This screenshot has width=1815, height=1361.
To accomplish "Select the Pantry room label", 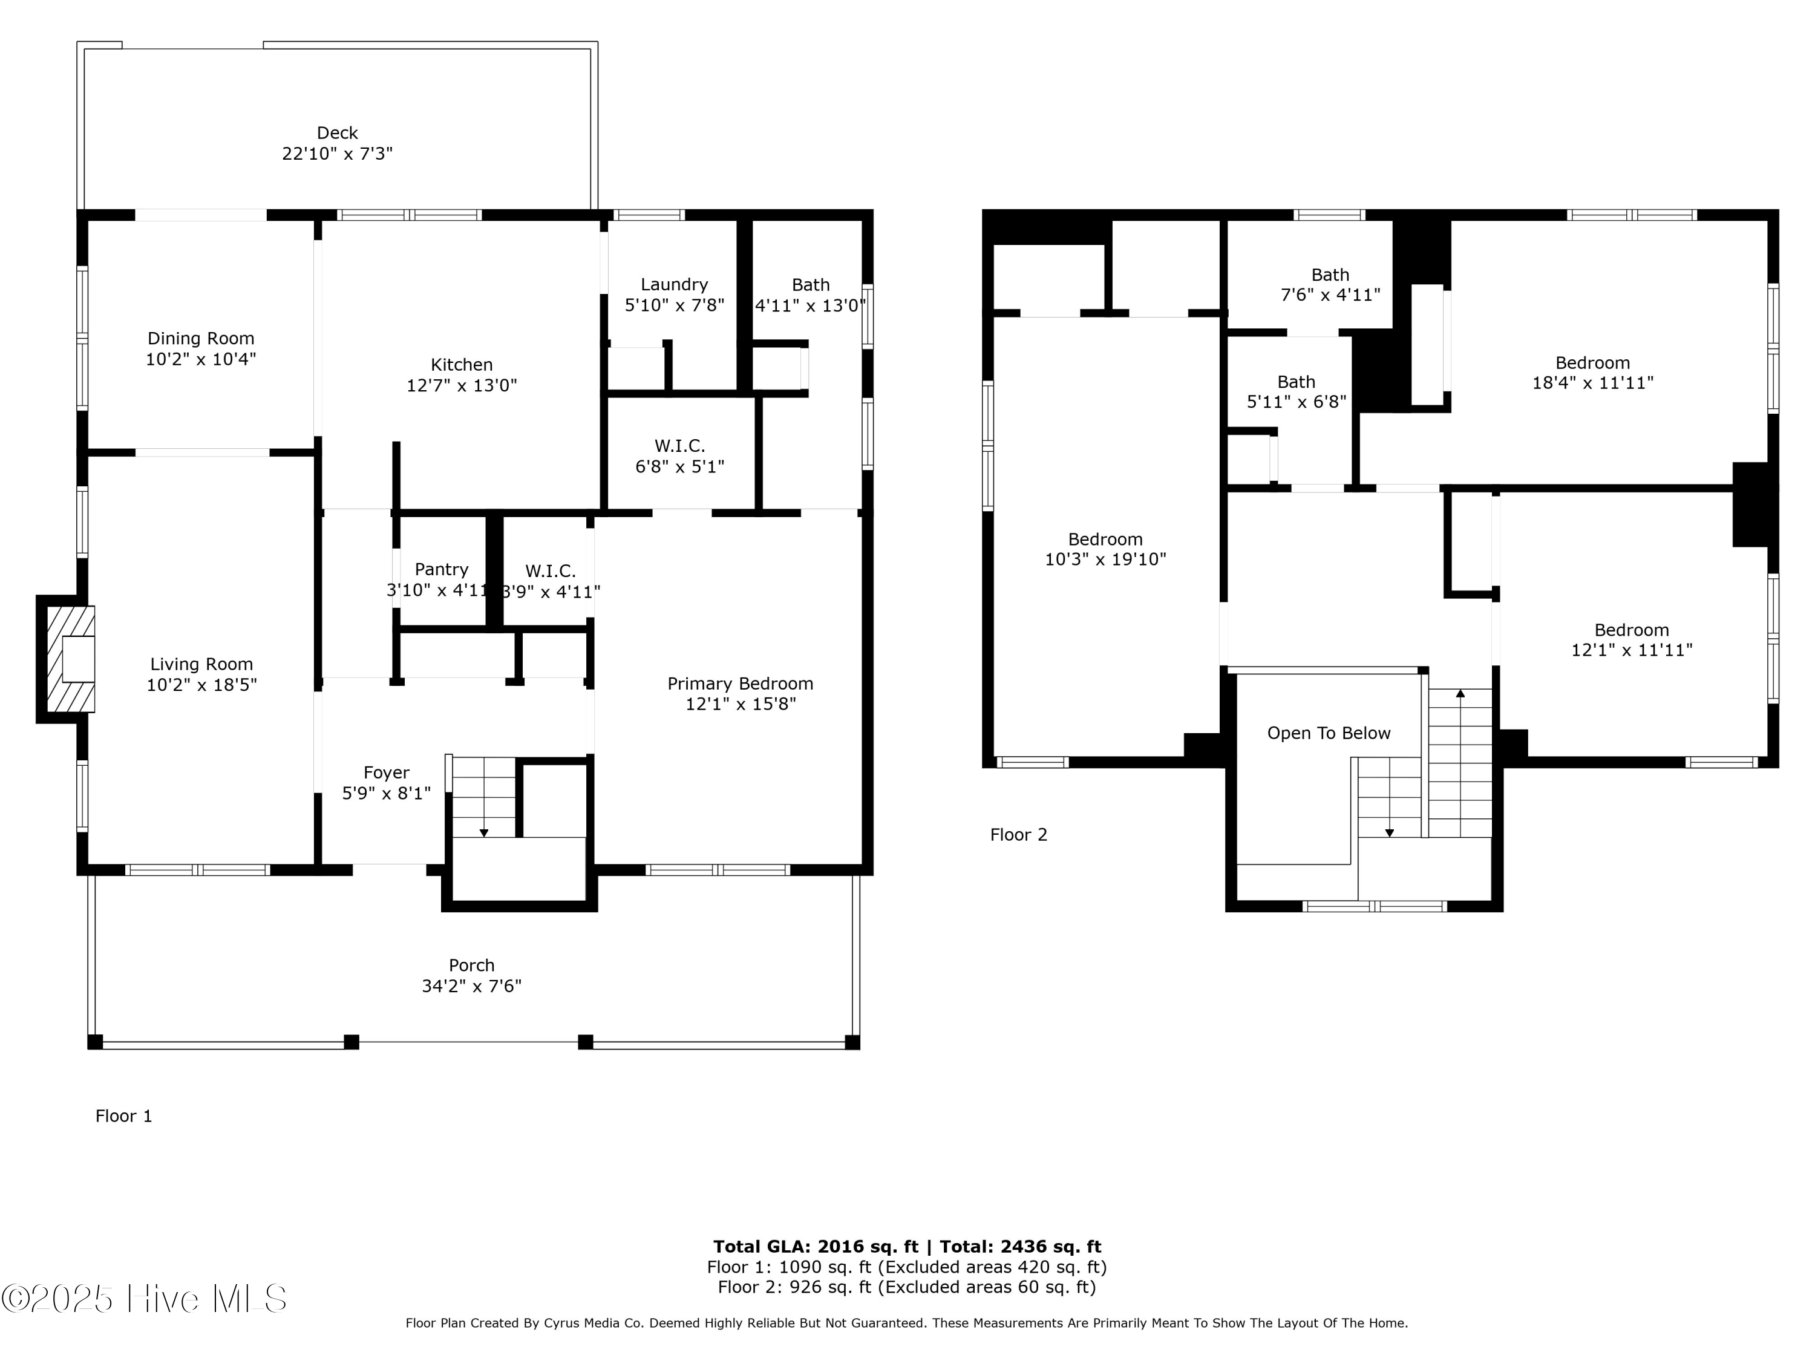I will click(442, 569).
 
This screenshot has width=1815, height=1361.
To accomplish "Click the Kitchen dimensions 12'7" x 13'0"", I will click(462, 385).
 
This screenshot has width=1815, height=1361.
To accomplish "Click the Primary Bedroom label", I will click(740, 684).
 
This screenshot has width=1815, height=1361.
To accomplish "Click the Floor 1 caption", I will click(124, 1115).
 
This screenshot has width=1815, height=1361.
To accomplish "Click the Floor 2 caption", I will click(1018, 834).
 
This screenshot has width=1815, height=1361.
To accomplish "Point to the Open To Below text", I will click(1329, 733).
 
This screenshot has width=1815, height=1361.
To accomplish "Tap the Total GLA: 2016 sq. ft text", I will click(815, 1247).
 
